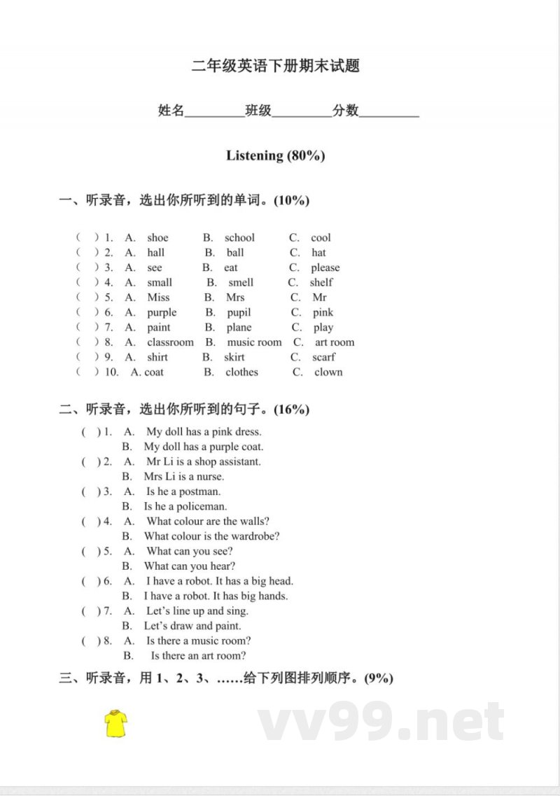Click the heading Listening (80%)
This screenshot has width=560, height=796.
pos(275,155)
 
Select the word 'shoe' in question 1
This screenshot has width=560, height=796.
pos(157,237)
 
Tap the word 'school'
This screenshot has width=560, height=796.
pos(239,237)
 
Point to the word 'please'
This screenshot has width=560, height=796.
pos(325,267)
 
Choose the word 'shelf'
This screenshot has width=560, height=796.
pos(321,282)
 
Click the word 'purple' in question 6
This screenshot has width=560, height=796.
pos(162,312)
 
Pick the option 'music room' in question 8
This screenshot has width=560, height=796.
pos(254,342)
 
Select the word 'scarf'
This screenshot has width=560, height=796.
pos(323,357)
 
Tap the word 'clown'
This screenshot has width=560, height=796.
pos(328,372)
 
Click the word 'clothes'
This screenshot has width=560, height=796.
pos(241,372)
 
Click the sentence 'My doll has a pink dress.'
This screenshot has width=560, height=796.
pos(204,432)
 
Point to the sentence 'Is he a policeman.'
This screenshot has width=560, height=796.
pos(185,506)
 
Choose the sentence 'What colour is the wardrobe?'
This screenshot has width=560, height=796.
pos(212,536)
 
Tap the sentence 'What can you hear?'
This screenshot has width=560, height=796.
pos(190,566)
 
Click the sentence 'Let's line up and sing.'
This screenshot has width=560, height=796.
pos(197,610)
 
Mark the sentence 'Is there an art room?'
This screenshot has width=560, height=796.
pos(198,655)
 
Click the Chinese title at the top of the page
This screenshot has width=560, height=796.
pos(275,67)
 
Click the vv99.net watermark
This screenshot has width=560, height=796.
pos(381,721)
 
